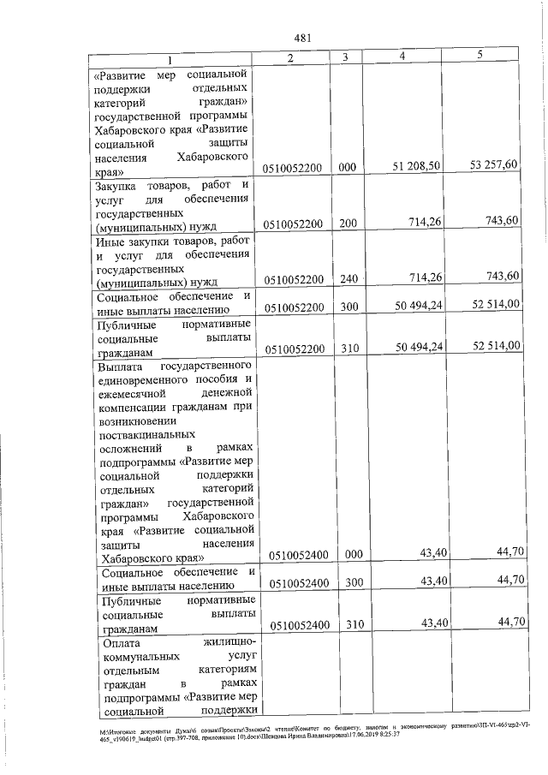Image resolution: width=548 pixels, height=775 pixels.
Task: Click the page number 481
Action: pos(301,38)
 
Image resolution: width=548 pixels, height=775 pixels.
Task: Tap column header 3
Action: pos(344,57)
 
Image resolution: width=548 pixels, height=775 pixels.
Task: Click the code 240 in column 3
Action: pos(346,279)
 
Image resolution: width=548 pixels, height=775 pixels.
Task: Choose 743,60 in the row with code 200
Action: pos(501,222)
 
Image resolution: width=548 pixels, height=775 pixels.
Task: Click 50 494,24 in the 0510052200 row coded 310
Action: pos(418,347)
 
